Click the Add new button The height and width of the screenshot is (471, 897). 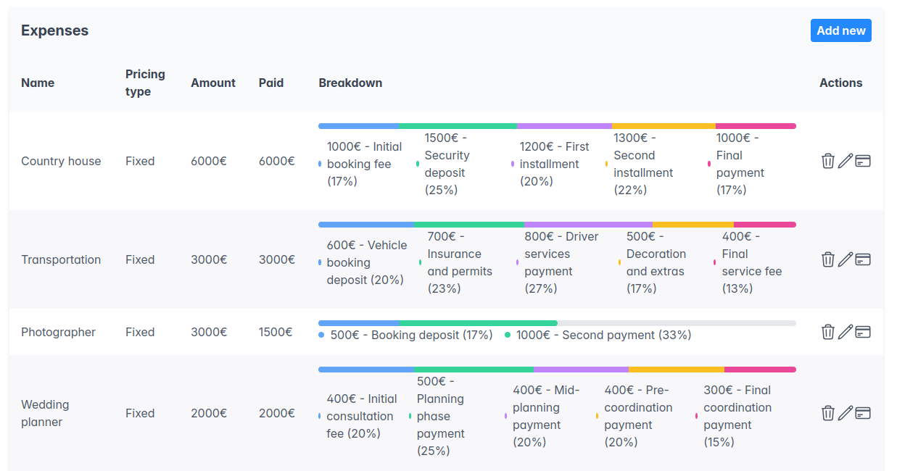tap(840, 30)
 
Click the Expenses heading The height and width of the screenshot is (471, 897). tap(54, 30)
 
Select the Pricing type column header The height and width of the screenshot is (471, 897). tap(145, 83)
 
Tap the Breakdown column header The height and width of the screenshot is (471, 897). tap(350, 83)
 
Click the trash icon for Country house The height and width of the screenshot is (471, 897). tap(827, 161)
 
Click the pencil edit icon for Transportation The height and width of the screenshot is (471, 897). tap(845, 259)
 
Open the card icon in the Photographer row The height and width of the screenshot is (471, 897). tap(862, 332)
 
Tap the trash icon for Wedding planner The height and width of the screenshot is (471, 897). tap(827, 413)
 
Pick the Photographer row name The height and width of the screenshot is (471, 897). tap(58, 332)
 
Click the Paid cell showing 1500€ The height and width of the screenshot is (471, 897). tap(276, 332)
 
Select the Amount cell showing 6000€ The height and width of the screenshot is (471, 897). tap(209, 161)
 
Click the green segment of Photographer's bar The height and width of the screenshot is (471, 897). tap(478, 323)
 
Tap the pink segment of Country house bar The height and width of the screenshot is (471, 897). tap(756, 126)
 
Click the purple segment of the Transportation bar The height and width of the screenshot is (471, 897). tap(588, 225)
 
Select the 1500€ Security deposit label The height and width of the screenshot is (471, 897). tap(447, 164)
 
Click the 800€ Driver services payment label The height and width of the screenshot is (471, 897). tap(561, 262)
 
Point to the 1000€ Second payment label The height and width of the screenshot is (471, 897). tap(603, 335)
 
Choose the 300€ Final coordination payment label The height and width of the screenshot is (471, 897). tap(737, 416)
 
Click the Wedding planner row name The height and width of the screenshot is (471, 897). tap(45, 413)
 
